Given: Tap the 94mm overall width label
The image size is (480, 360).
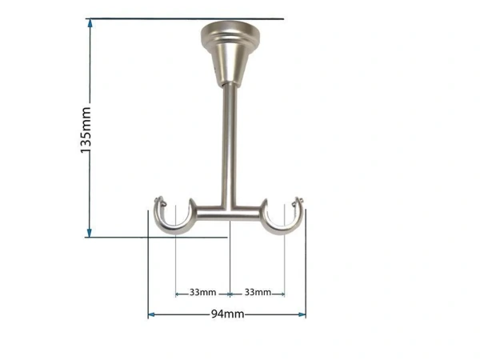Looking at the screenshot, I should [x=227, y=314].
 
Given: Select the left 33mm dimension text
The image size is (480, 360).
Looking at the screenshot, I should [x=202, y=291].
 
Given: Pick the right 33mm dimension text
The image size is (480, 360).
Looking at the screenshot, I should [x=257, y=291].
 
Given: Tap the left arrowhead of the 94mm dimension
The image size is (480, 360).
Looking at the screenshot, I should [x=151, y=314].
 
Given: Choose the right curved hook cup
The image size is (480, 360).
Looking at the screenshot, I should [x=282, y=221].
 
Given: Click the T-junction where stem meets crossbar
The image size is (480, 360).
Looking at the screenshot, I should [x=230, y=210].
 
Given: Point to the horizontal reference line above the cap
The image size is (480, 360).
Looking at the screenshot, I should [x=184, y=18].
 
